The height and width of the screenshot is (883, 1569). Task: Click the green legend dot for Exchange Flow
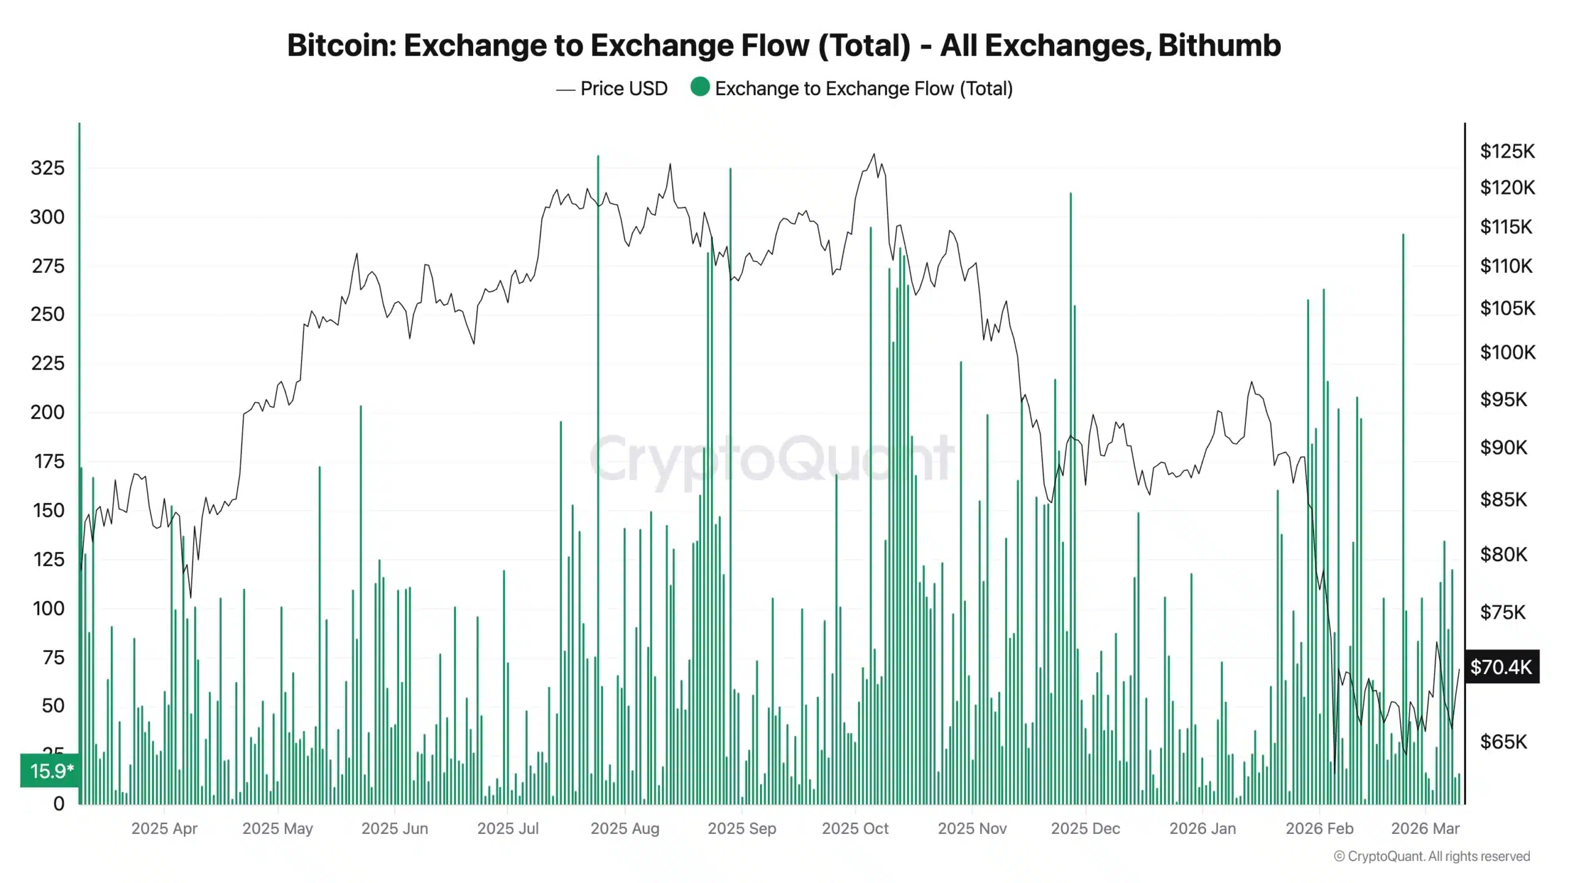[x=699, y=88]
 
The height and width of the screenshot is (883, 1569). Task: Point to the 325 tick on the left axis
[x=47, y=168]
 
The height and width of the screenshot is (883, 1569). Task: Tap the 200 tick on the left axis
[x=47, y=412]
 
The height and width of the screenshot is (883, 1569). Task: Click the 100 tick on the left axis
[x=48, y=608]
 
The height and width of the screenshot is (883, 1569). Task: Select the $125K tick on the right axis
[x=1507, y=151]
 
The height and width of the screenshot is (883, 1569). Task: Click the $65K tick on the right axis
[x=1503, y=742]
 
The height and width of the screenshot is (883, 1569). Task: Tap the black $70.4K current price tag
[x=1501, y=667]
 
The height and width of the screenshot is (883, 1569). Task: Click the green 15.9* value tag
[x=51, y=771]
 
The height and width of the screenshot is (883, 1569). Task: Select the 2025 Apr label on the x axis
[x=164, y=828]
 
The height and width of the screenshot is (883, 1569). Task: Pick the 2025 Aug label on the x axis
[x=625, y=828]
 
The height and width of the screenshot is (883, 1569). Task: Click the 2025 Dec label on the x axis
[x=1085, y=828]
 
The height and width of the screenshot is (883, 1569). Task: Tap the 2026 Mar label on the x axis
[x=1425, y=828]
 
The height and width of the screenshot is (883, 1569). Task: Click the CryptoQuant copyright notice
[x=1432, y=856]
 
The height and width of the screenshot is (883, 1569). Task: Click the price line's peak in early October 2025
[x=874, y=155]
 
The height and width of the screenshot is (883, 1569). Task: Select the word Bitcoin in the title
[x=341, y=45]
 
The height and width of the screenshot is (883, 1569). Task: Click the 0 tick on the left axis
[x=59, y=803]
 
